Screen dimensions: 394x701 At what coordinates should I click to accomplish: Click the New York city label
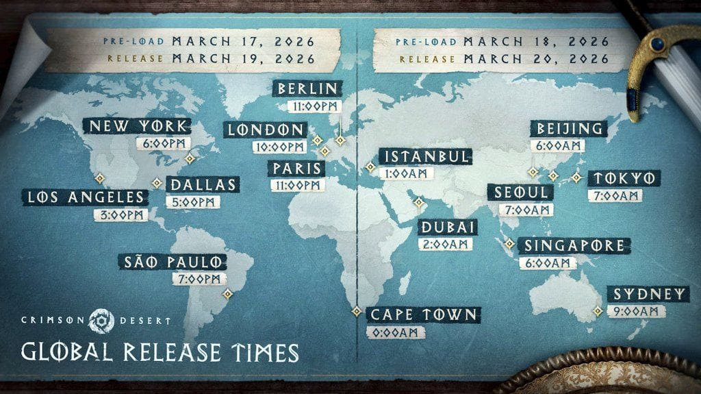point(136,127)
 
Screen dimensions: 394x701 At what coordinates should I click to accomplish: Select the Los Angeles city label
point(86,198)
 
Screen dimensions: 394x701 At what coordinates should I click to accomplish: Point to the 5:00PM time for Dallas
point(192,202)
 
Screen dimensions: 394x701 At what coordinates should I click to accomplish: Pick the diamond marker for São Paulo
point(227,293)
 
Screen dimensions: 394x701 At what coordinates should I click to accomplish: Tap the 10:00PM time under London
point(279,147)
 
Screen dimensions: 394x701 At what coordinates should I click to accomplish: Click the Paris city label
point(296,169)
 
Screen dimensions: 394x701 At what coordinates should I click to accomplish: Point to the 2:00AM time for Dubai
point(444,244)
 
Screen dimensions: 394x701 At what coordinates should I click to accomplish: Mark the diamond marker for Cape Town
point(357,312)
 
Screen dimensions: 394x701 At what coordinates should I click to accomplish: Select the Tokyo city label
point(615,179)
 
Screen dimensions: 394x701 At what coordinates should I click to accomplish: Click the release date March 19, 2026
point(244,59)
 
